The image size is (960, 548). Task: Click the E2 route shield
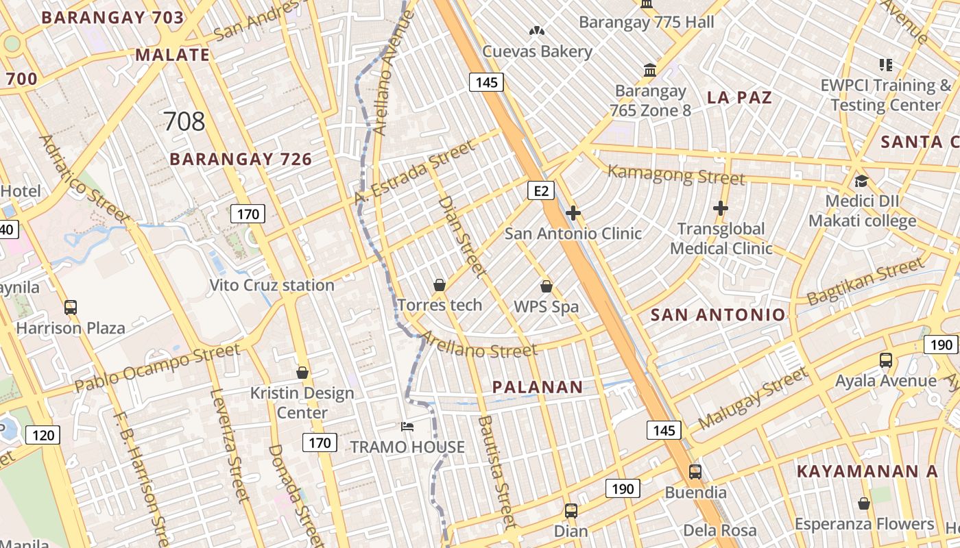[x=541, y=190]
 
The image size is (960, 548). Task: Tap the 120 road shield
[x=43, y=434]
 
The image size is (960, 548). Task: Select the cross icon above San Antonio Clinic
[x=573, y=214]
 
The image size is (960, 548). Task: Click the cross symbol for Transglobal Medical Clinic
[x=721, y=208]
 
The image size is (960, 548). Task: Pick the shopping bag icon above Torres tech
[x=440, y=285]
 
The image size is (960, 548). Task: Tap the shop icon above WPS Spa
[x=547, y=286]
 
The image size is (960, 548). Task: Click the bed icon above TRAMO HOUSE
[x=407, y=427]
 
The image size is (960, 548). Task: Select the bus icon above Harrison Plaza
[x=71, y=308]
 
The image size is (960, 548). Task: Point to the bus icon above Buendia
[x=695, y=471]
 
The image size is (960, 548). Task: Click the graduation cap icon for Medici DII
[x=861, y=182]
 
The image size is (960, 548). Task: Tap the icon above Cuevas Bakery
[x=537, y=31]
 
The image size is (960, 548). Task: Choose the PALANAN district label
[x=538, y=387]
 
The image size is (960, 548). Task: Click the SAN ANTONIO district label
[x=717, y=315]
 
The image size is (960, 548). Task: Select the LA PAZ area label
[x=739, y=97]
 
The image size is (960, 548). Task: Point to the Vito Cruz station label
[x=272, y=285]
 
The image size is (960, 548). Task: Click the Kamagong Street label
[x=676, y=175]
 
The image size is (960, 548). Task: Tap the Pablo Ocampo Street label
[x=158, y=368]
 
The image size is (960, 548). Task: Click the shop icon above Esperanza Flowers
[x=864, y=504]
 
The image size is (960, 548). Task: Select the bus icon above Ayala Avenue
[x=886, y=360]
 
